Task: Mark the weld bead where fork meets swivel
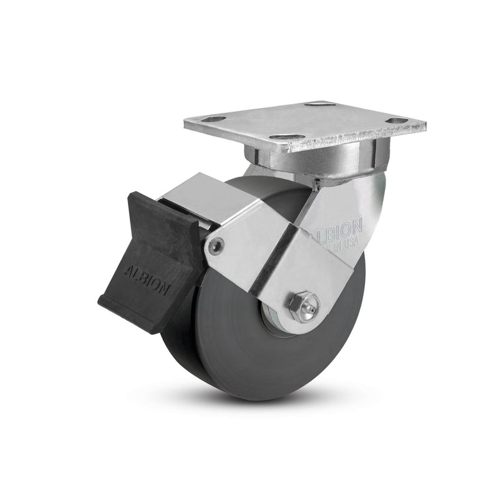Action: (x=318, y=183)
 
